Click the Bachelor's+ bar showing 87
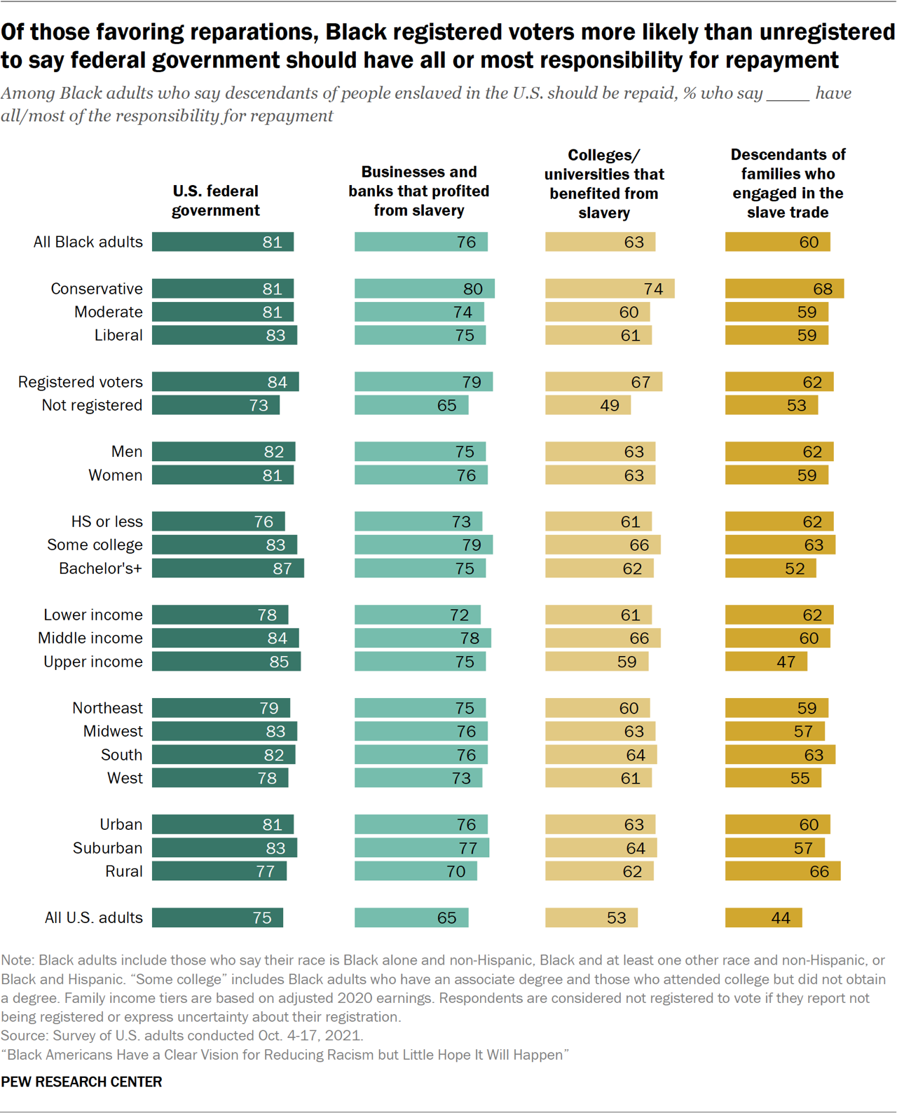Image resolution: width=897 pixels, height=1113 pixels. click(x=228, y=568)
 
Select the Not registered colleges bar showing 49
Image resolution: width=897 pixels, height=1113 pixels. click(x=588, y=405)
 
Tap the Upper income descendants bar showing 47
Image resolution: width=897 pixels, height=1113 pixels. click(x=766, y=662)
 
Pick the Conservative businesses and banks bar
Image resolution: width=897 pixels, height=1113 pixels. click(x=424, y=289)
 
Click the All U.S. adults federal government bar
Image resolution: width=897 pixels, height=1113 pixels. click(x=217, y=917)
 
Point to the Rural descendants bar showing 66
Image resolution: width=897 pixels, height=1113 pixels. click(x=782, y=871)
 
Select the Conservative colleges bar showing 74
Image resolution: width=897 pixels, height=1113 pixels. click(x=610, y=289)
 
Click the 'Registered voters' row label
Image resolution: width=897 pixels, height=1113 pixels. click(x=80, y=382)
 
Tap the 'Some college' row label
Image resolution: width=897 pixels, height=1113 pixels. click(x=95, y=545)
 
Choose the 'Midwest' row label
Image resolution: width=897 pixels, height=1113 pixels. click(x=113, y=732)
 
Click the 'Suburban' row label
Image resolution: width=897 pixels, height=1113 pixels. click(x=107, y=848)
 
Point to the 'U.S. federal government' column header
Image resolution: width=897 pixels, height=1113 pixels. click(x=216, y=200)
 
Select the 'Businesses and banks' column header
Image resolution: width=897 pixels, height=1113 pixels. click(x=419, y=191)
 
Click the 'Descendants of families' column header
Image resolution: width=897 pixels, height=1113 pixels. click(x=788, y=183)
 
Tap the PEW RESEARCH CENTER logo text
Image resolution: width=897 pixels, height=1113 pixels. click(x=81, y=1081)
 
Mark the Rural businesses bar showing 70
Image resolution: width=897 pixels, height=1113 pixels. click(x=416, y=871)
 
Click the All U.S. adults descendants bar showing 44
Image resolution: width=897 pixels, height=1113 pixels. click(x=763, y=917)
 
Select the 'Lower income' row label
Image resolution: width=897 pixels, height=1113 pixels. click(x=93, y=615)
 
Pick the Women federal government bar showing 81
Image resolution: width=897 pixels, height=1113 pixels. click(x=223, y=475)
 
